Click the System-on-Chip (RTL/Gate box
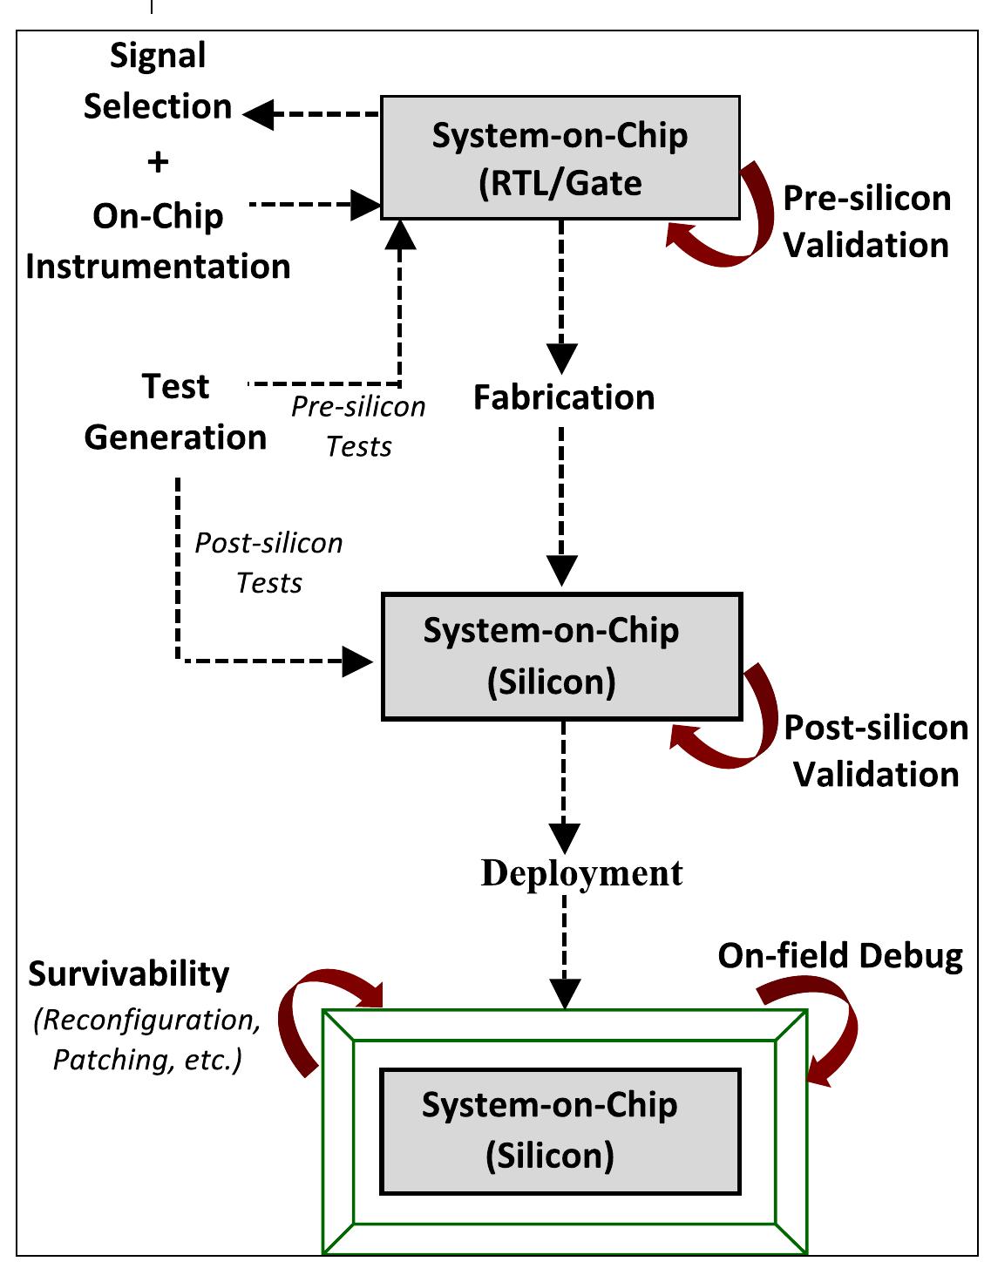560,158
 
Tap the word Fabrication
564,397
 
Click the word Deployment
581,872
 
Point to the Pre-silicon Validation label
865,221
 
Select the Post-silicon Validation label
875,750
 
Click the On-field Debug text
839,956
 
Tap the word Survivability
129,973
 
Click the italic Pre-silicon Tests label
358,426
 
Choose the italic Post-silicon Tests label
268,562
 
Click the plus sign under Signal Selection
158,162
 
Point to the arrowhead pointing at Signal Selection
259,114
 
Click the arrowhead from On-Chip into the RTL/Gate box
366,205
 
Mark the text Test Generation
175,411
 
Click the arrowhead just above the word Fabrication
562,357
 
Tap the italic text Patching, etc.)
147,1059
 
